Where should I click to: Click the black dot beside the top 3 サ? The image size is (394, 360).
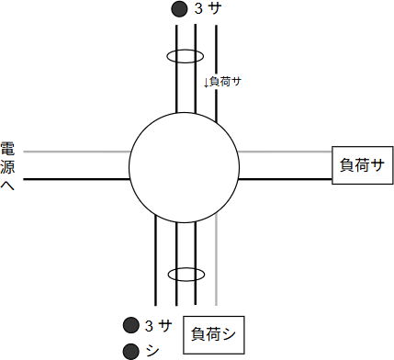tap(177, 10)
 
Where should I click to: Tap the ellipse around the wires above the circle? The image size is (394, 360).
tap(185, 56)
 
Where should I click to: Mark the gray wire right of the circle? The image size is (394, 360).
tap(285, 151)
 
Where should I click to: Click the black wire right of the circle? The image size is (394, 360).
tap(285, 179)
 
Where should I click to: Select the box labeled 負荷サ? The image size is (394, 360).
tap(361, 165)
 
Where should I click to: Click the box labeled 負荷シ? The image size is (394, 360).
tap(212, 334)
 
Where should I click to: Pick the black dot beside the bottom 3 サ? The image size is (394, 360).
tap(129, 325)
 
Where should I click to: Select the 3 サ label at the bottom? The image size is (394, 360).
tap(158, 325)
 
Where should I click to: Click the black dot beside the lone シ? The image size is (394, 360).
tap(129, 349)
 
